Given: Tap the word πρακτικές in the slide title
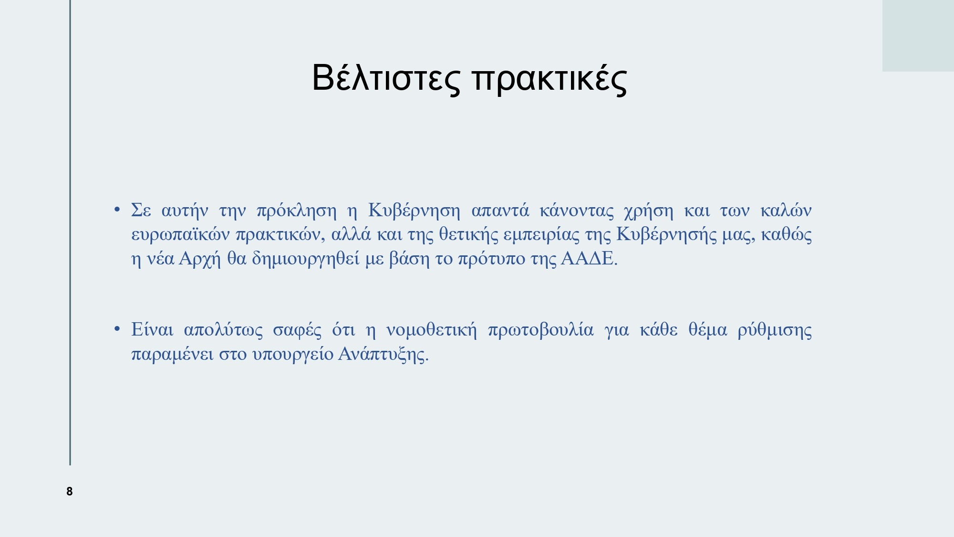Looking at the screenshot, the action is click(550, 79).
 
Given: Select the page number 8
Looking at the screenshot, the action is click(70, 491).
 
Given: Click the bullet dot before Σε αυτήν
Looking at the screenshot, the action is click(117, 210).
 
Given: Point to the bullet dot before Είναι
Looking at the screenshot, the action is click(117, 329).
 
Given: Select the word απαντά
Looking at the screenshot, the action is click(500, 211).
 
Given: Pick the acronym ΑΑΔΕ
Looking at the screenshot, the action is click(589, 258).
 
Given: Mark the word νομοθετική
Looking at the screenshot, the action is click(431, 330).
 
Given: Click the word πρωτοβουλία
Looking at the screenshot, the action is click(541, 330).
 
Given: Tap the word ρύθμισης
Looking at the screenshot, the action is click(775, 330).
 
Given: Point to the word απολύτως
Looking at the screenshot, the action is click(223, 330).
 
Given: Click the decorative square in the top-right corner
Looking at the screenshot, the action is click(918, 36).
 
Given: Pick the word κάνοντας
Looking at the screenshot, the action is click(577, 211).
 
